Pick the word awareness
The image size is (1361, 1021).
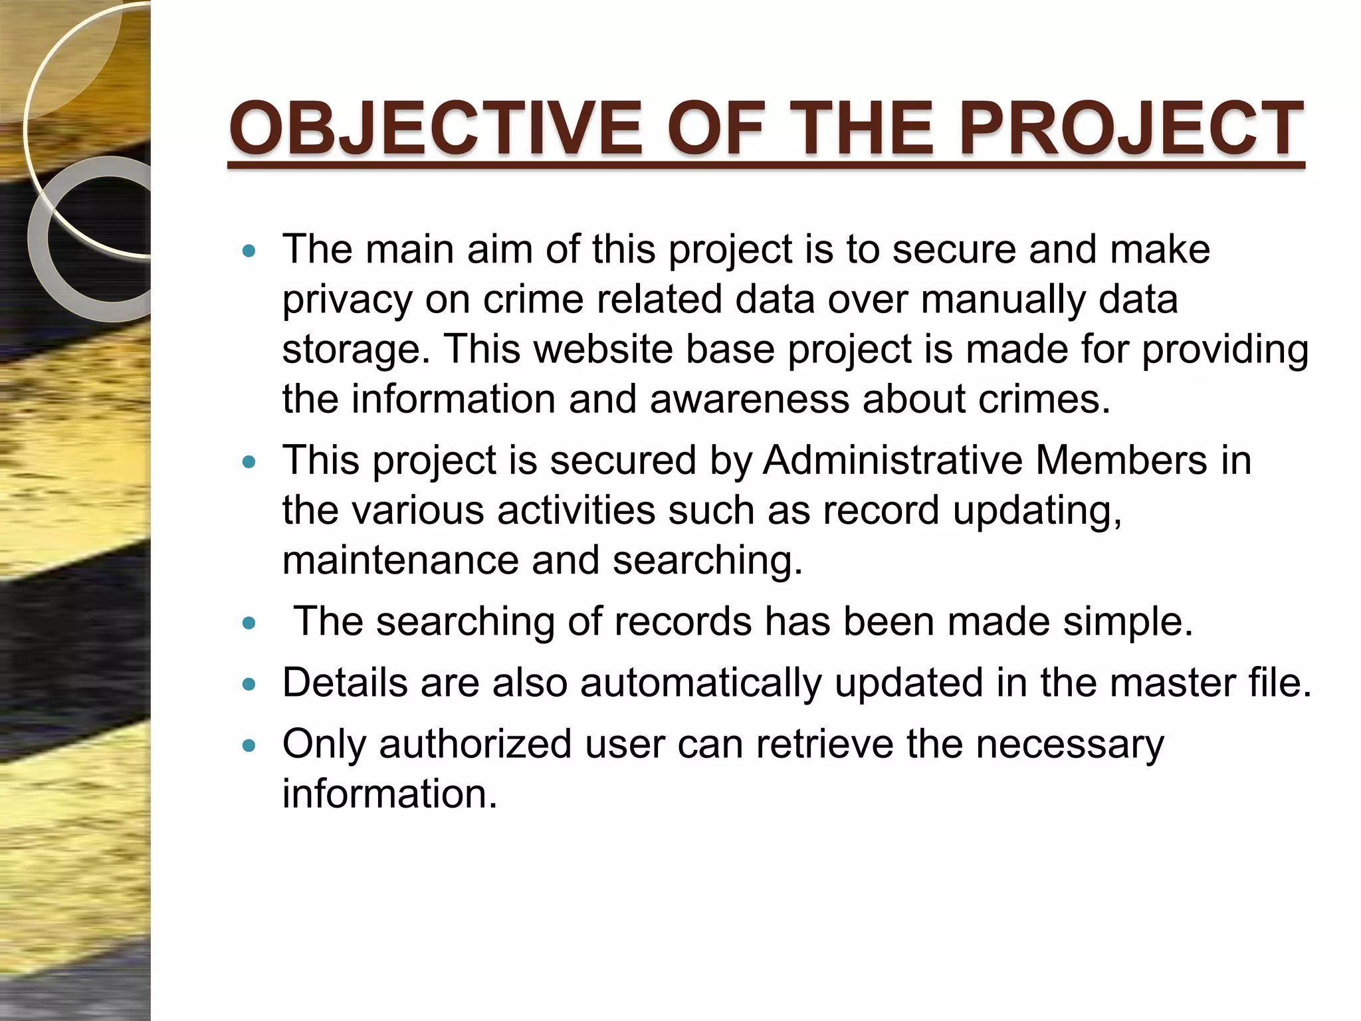[750, 399]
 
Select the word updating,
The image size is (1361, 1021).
[1037, 510]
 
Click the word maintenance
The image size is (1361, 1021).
[400, 560]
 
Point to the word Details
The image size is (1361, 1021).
[345, 683]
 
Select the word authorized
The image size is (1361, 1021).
[475, 744]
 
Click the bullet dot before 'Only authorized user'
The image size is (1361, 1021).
[249, 746]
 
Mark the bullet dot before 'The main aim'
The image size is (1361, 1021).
[249, 251]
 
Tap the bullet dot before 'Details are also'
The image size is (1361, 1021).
[249, 685]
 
